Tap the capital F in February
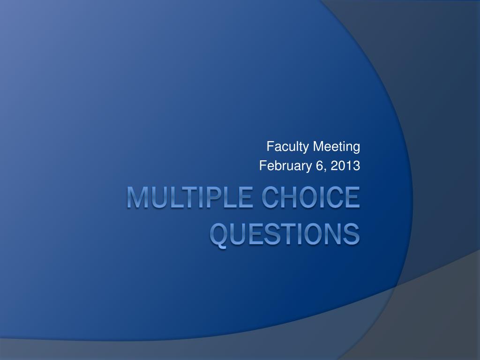(262, 165)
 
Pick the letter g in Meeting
(356, 149)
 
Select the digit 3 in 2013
(356, 165)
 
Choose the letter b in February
(277, 165)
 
